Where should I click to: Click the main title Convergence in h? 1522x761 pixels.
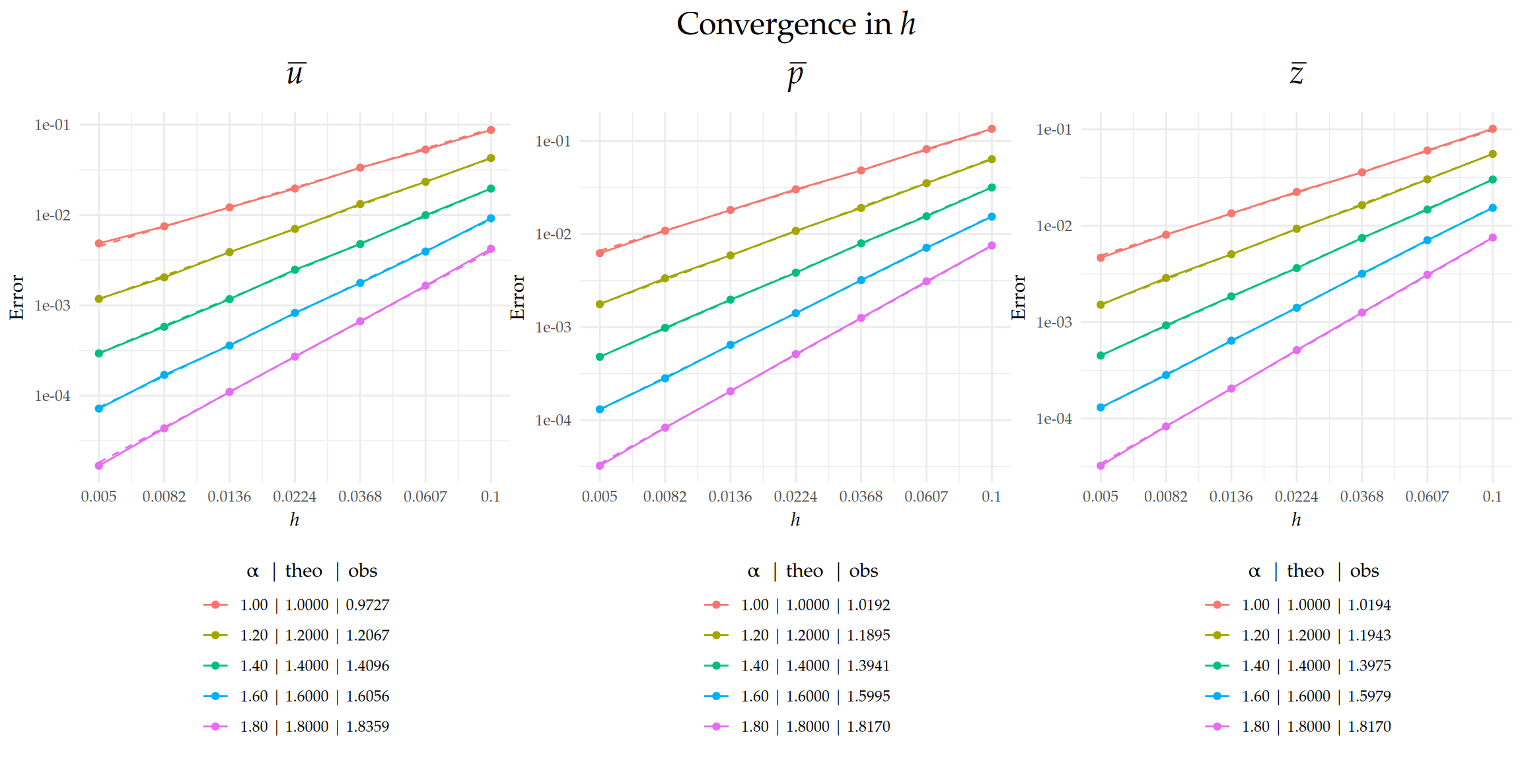click(x=795, y=24)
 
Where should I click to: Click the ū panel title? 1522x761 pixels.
click(x=295, y=74)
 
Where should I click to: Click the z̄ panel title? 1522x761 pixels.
click(x=1297, y=74)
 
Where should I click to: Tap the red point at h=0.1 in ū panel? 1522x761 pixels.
click(x=491, y=130)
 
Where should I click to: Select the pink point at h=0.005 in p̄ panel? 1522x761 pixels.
click(x=600, y=466)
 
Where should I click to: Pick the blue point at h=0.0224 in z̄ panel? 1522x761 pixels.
click(x=1297, y=308)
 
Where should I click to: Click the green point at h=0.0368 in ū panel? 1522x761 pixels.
click(x=360, y=244)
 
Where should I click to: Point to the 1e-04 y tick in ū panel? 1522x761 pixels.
click(x=52, y=396)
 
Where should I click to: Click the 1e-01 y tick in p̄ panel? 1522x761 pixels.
click(x=553, y=141)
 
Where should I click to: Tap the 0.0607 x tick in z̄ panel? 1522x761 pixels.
click(x=1427, y=497)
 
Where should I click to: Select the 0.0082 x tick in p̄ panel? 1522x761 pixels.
click(x=665, y=497)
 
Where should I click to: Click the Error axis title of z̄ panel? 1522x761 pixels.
click(x=1019, y=297)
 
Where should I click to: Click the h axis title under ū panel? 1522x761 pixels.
click(x=295, y=520)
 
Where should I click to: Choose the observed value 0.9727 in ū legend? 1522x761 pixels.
click(x=367, y=605)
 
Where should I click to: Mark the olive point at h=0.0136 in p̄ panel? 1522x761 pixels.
click(x=730, y=255)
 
